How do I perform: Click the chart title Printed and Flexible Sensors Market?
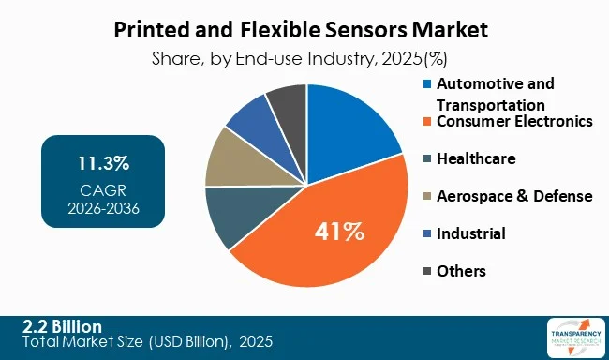pyautogui.click(x=304, y=29)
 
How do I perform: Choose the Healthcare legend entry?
pyautogui.click(x=479, y=158)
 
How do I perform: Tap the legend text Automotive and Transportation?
pyautogui.click(x=497, y=94)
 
